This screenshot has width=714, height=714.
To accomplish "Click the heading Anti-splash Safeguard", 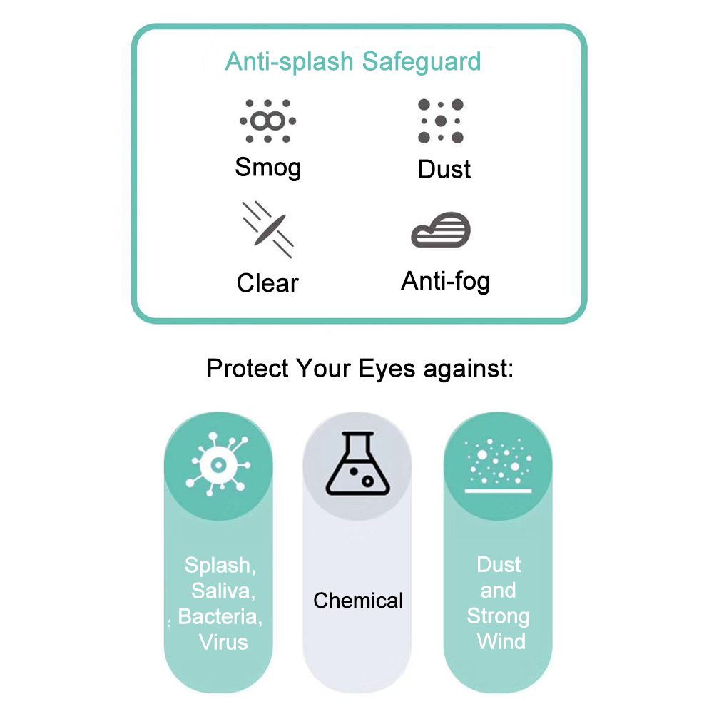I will [353, 61].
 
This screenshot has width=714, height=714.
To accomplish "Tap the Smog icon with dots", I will [267, 121].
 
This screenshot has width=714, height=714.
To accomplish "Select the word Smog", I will [268, 168].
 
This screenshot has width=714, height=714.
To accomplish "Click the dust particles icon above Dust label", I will [441, 121].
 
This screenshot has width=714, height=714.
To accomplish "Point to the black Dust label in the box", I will [444, 170].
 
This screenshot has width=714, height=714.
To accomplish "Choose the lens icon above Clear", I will [267, 228].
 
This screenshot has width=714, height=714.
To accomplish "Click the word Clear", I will [267, 283].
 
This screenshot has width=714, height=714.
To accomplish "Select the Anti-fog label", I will [446, 281].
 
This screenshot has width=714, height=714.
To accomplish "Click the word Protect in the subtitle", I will [248, 369].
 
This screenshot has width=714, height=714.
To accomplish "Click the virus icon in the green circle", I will [218, 465].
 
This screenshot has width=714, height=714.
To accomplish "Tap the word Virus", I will [223, 641].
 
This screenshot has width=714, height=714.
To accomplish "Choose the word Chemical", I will [358, 601].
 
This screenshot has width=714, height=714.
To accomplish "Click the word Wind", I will [501, 641].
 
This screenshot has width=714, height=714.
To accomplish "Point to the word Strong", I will [499, 616].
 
